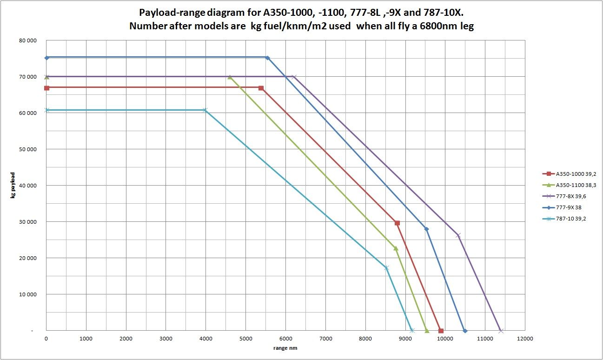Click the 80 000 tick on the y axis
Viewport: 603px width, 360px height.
pos(28,40)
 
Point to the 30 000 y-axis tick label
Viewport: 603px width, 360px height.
pos(28,222)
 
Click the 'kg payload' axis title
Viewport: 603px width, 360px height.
pos(13,186)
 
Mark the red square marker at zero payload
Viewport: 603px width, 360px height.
pos(441,331)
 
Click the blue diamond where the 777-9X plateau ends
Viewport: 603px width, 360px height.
pos(267,58)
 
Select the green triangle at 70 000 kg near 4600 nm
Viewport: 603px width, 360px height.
pos(230,77)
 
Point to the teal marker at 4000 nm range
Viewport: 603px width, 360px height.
pos(205,110)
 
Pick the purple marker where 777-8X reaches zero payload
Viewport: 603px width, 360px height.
pos(501,331)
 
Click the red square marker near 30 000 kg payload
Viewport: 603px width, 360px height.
pos(397,223)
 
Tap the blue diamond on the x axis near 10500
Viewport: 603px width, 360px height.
pos(465,331)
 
